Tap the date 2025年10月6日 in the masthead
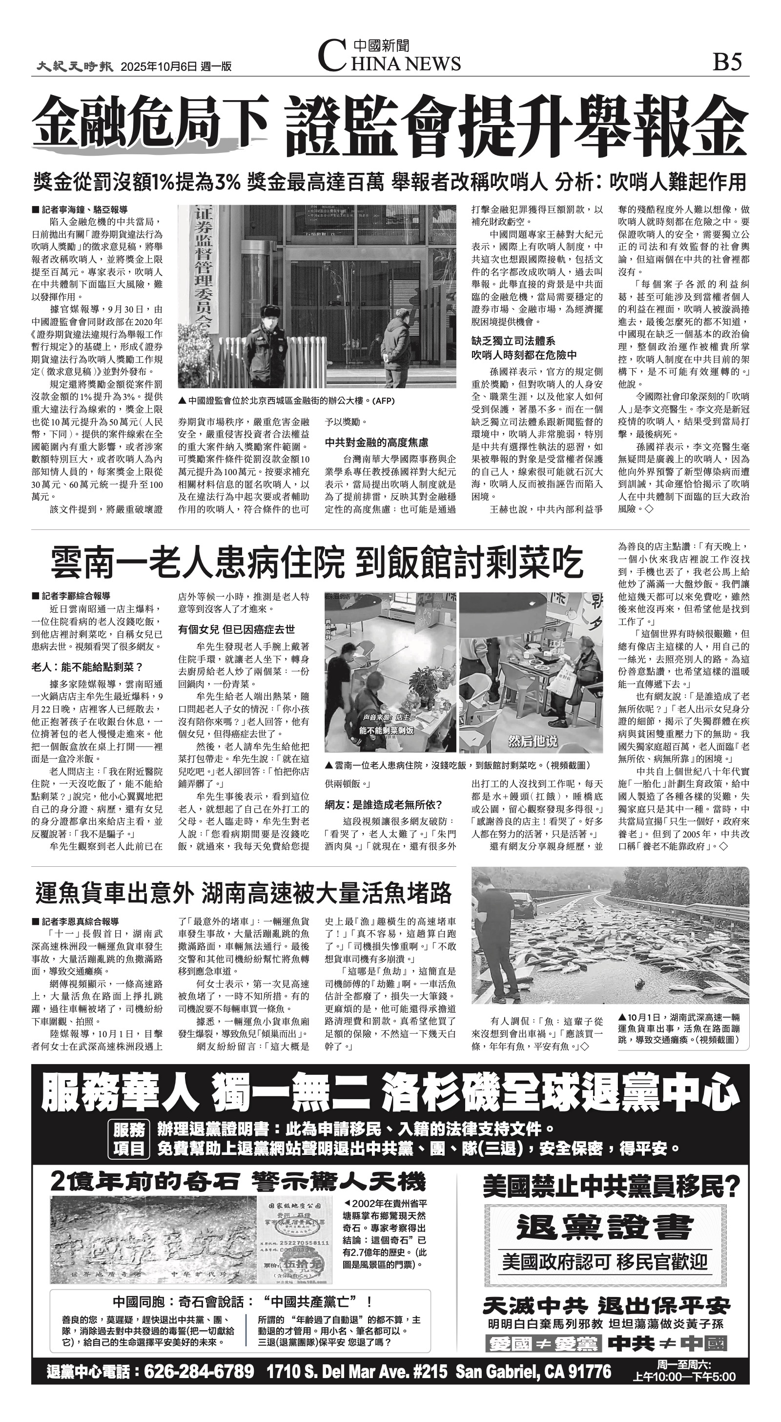point(159,67)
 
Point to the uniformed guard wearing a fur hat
point(264,342)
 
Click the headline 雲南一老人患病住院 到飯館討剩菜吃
point(317,563)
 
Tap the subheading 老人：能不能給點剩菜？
point(87,667)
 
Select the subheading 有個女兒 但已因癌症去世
point(236,629)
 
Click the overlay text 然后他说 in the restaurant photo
point(532,741)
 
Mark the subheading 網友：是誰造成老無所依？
point(383,805)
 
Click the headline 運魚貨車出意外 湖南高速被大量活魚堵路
point(244,893)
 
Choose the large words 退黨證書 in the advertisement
point(605,1228)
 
